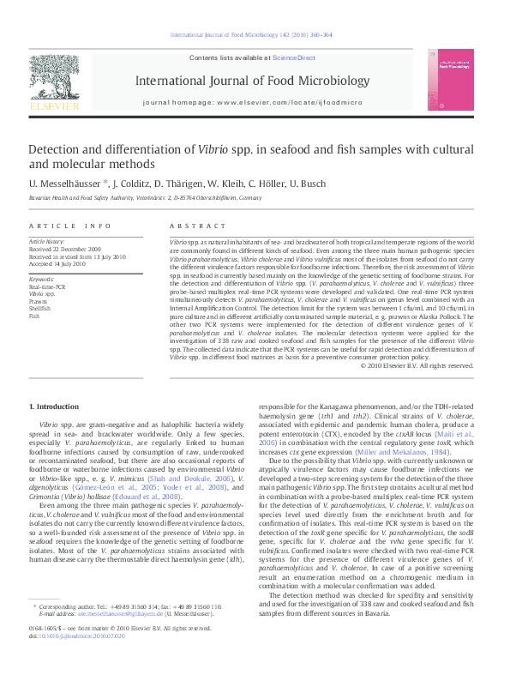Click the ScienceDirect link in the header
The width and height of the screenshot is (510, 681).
pos(294,57)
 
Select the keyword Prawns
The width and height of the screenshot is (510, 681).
pos(39,301)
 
